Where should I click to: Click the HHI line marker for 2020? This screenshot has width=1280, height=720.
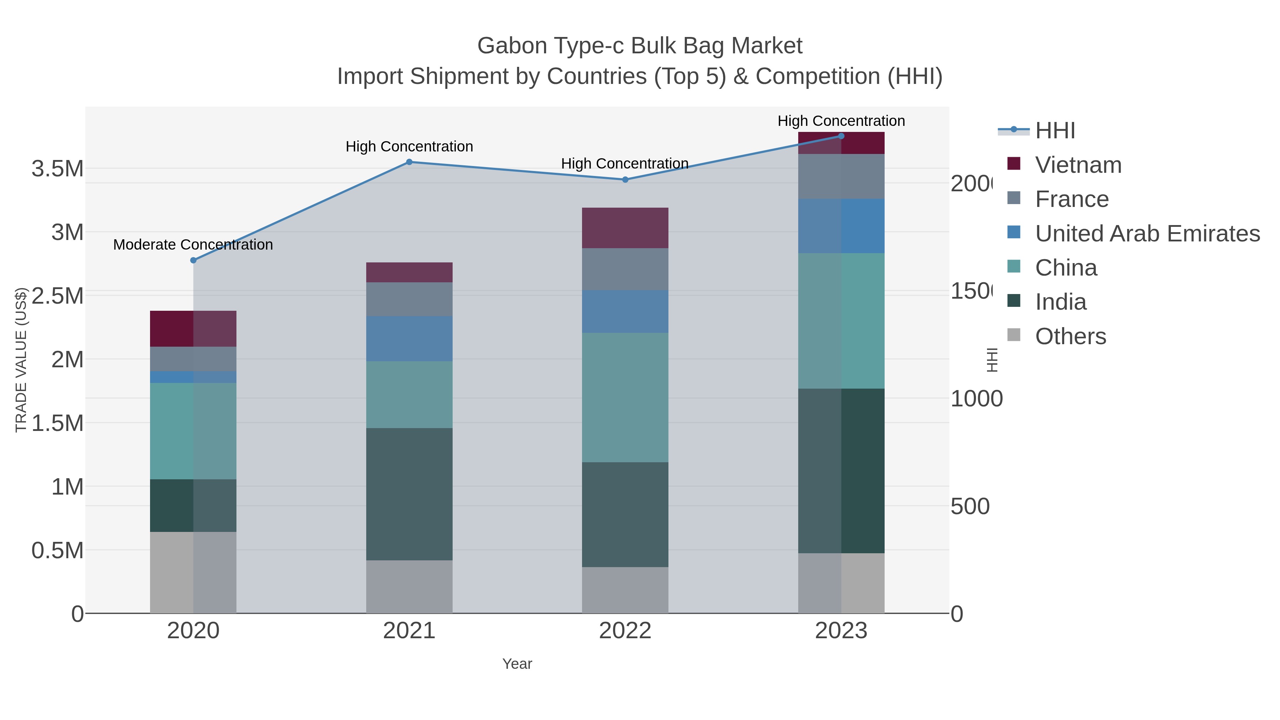(193, 260)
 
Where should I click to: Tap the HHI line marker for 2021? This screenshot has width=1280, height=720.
(409, 162)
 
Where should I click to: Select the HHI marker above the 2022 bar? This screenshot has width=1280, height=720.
(625, 180)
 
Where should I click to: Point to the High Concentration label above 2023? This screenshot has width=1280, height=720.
(841, 121)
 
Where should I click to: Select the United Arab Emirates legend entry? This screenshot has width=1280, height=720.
(1147, 234)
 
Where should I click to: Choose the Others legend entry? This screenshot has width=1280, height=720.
(1070, 336)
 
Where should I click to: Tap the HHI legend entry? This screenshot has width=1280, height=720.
(1055, 131)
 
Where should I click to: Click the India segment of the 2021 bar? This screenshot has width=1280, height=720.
(409, 495)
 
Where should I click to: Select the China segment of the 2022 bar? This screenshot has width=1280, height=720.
(625, 398)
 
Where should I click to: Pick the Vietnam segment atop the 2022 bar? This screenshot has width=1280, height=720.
(625, 228)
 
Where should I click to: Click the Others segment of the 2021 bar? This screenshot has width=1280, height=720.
(409, 587)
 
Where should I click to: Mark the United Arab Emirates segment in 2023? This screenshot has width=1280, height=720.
(841, 226)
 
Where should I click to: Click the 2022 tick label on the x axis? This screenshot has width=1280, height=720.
(625, 631)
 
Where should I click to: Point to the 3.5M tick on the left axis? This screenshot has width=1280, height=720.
(58, 169)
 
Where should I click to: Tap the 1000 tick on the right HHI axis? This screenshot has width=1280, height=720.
(976, 399)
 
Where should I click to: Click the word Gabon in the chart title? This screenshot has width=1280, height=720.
(512, 46)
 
